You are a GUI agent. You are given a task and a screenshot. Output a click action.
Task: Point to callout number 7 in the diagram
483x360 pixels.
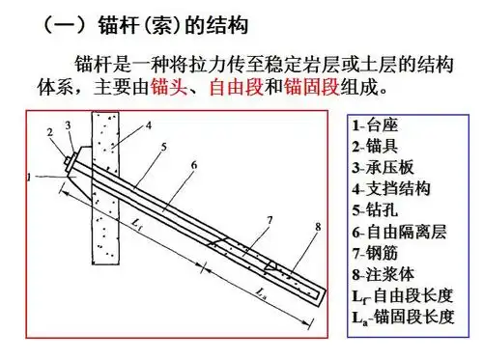point(270,221)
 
